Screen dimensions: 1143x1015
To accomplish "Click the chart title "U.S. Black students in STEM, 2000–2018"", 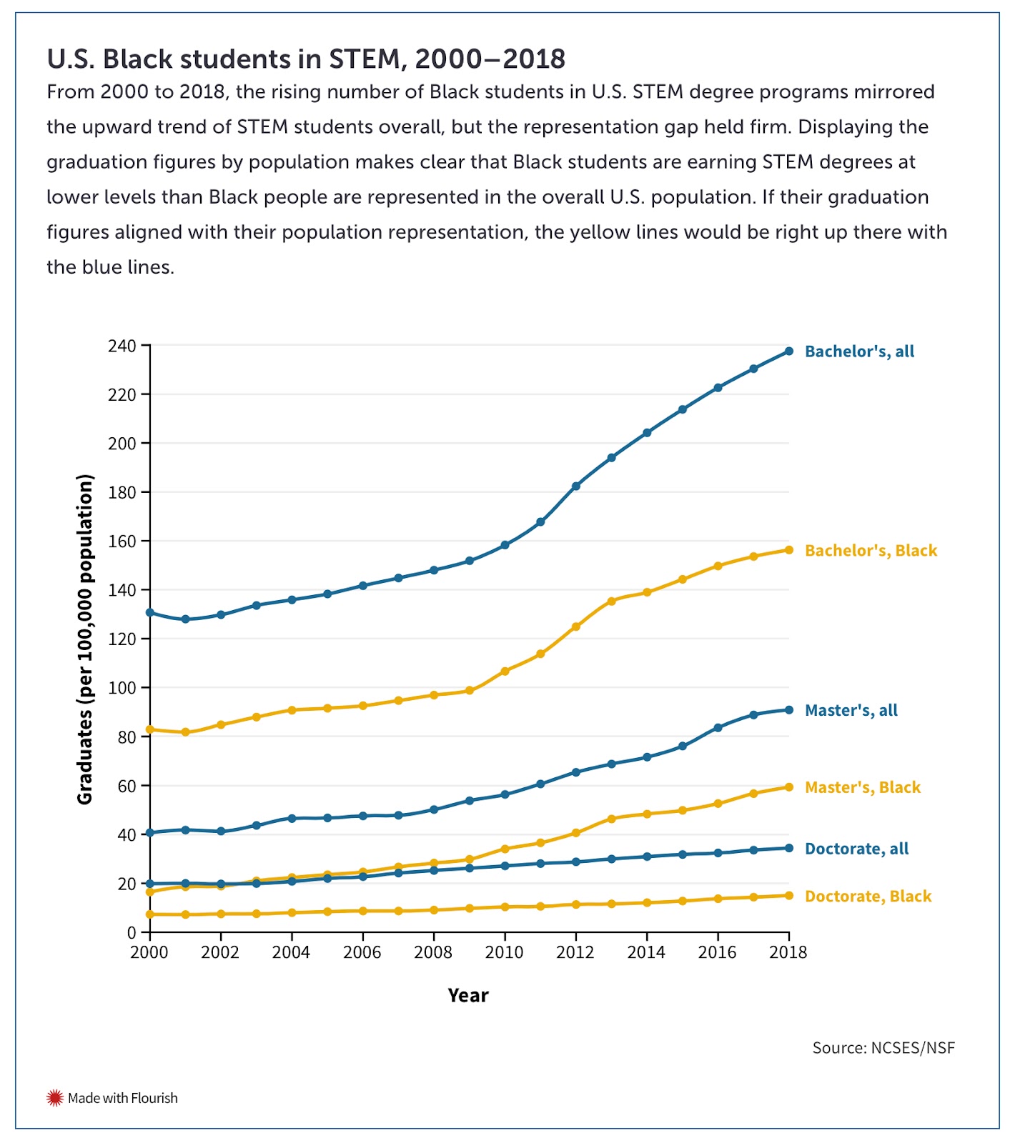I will pyautogui.click(x=306, y=59).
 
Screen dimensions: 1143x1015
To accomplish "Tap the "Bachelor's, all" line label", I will pyautogui.click(x=859, y=351).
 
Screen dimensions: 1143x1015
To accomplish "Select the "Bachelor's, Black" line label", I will pyautogui.click(x=871, y=551).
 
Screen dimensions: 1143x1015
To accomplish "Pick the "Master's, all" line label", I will pyautogui.click(x=851, y=711).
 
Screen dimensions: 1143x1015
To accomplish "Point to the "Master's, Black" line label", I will pyautogui.click(x=863, y=787).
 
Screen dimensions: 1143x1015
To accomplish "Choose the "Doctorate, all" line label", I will pyautogui.click(x=856, y=849).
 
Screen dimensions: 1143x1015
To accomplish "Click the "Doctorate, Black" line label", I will pyautogui.click(x=868, y=897).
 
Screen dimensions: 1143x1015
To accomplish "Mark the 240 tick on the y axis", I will pyautogui.click(x=122, y=346).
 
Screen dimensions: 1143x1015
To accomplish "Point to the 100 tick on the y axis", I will pyautogui.click(x=122, y=689).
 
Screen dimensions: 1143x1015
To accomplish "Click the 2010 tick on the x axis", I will pyautogui.click(x=505, y=952).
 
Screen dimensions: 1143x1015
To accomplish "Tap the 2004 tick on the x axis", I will pyautogui.click(x=292, y=952).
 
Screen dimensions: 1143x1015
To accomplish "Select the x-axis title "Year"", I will pyautogui.click(x=468, y=996).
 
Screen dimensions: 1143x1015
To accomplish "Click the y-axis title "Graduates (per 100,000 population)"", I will pyautogui.click(x=85, y=639).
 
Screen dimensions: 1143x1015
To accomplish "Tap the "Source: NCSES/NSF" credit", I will pyautogui.click(x=883, y=1048).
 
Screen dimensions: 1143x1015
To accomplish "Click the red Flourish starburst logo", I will pyautogui.click(x=55, y=1098).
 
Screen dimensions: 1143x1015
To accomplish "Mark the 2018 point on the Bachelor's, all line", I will pyautogui.click(x=789, y=351).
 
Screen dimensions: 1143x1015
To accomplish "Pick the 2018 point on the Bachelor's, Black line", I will pyautogui.click(x=789, y=550).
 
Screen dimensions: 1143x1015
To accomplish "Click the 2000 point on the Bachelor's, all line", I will pyautogui.click(x=150, y=613).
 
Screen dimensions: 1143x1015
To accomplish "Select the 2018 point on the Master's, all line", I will pyautogui.click(x=789, y=710).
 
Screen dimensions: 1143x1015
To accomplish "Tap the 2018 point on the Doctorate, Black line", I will pyautogui.click(x=789, y=896).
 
